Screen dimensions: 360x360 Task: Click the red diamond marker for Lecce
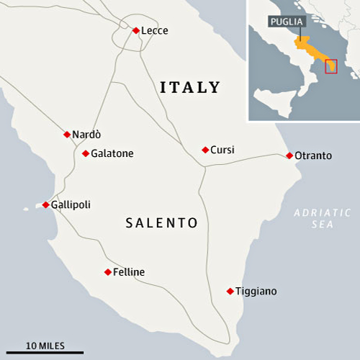(x=135, y=30)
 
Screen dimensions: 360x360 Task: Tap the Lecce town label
(x=154, y=30)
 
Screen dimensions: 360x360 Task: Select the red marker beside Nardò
(x=67, y=134)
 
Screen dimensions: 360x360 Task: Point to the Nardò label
(x=87, y=135)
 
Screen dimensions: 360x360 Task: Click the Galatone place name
(x=112, y=153)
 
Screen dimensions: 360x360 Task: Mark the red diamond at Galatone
(x=85, y=153)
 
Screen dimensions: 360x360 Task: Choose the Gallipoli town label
(x=71, y=205)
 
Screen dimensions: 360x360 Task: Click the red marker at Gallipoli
(x=45, y=205)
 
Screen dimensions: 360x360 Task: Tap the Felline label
(x=129, y=272)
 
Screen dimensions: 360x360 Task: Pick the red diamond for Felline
(x=108, y=272)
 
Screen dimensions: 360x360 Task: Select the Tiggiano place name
(x=256, y=292)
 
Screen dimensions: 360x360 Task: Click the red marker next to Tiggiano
(x=230, y=292)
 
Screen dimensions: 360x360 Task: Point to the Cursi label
(x=222, y=150)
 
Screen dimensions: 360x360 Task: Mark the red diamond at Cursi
(x=205, y=150)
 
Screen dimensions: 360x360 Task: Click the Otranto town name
(x=314, y=156)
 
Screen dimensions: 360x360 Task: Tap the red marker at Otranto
(x=289, y=156)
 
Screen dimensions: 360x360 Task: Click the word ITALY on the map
(x=189, y=88)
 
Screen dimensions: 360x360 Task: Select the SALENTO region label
(x=162, y=223)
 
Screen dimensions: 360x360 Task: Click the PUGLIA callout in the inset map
(x=287, y=22)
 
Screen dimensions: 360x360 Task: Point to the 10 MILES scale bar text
(x=45, y=346)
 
